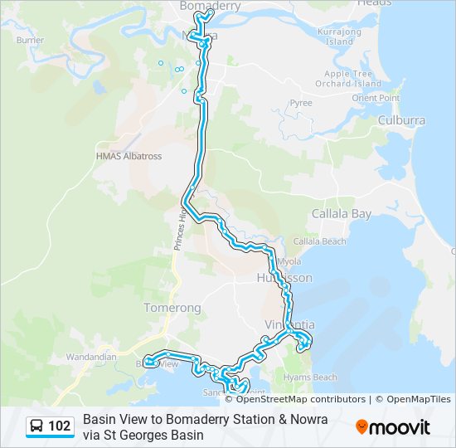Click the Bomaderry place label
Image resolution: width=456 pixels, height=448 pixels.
211,6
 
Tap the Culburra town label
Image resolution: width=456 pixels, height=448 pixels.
401,120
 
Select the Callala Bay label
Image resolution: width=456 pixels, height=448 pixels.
342,214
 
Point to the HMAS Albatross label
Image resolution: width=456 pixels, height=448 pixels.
129,156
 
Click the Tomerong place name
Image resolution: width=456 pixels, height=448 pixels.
172,308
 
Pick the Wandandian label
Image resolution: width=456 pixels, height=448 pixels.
91,357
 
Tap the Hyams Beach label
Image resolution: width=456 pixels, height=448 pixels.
310,377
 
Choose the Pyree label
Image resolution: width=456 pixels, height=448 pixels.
301,103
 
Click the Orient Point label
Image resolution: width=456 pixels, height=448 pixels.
376,98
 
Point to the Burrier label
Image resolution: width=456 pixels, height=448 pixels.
30,40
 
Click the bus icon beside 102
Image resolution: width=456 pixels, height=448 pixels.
37,426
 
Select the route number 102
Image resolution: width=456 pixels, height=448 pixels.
60,426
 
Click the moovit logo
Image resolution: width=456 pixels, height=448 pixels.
393,427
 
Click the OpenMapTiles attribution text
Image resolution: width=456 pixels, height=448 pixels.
419,399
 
